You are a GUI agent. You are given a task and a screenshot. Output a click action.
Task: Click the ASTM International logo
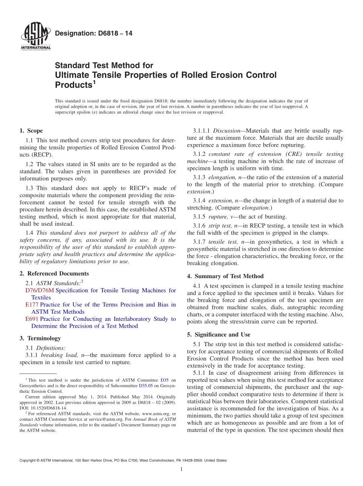tap(36, 37)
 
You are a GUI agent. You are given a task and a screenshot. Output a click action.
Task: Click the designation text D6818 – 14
tap(94, 34)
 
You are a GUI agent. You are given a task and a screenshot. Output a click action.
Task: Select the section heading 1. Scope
tap(31, 131)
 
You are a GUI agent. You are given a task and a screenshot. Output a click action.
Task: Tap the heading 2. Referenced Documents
tap(54, 274)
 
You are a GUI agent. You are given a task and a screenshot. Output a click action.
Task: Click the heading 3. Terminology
tap(40, 338)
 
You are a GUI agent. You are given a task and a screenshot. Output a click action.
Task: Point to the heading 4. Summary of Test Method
tap(225, 276)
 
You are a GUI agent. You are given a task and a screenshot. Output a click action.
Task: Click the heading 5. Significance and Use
tap(222, 335)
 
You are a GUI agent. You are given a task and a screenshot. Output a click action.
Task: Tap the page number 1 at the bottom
tap(181, 469)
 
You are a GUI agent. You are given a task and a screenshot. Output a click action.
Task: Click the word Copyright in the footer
tap(29, 460)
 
